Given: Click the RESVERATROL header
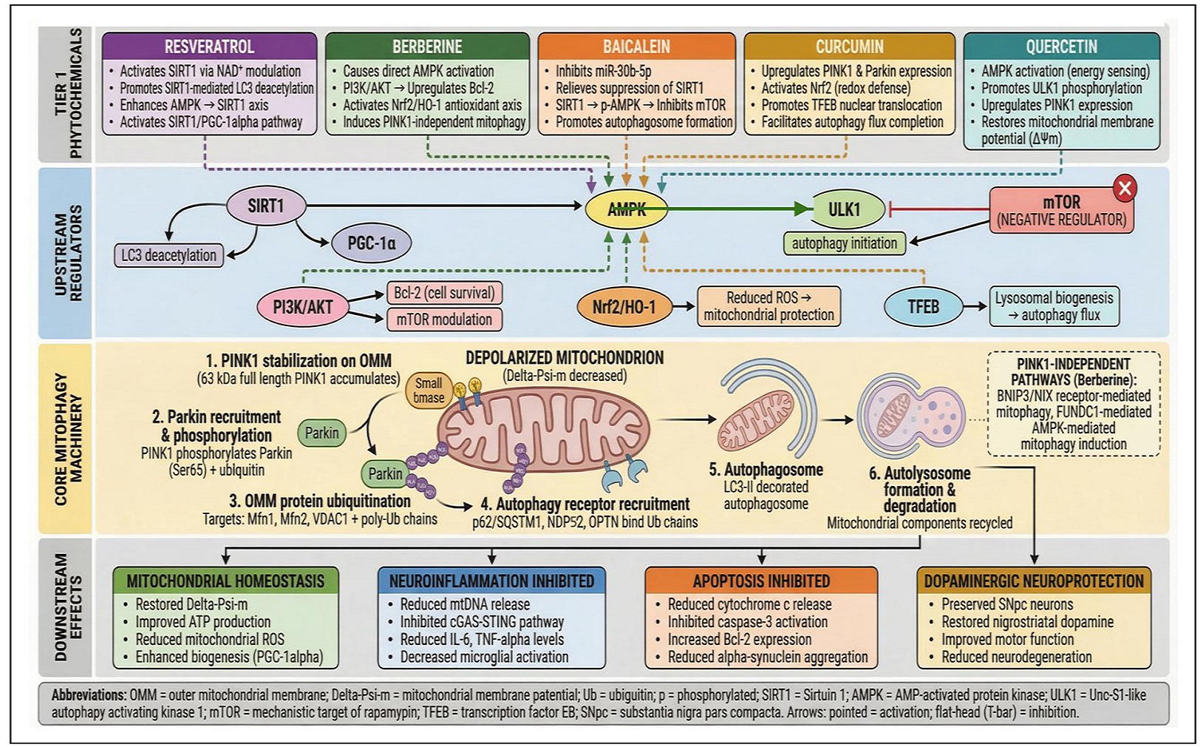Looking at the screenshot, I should (209, 47).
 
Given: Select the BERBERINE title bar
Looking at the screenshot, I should (427, 47).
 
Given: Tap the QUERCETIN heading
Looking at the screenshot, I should (1061, 47).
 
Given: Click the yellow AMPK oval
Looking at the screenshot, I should (627, 209).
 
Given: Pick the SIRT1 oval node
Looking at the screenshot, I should (265, 206).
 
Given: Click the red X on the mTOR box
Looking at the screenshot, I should (1124, 189).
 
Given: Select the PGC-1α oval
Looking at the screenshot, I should (372, 243).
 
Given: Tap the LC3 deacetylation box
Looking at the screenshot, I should (169, 255).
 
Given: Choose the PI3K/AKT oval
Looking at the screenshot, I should (302, 306).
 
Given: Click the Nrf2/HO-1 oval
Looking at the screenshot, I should (624, 306).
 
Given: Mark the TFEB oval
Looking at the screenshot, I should (923, 306).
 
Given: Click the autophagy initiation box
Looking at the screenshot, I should (844, 243).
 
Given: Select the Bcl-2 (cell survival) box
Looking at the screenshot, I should (444, 293).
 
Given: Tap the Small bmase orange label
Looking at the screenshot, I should (429, 391).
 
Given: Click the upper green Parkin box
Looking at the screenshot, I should (321, 433).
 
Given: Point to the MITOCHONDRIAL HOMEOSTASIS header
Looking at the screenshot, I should (225, 581).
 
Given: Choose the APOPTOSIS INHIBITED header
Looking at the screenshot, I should (761, 581).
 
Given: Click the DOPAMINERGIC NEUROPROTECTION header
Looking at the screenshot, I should (1033, 581).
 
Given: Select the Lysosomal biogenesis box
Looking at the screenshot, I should (1054, 306).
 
